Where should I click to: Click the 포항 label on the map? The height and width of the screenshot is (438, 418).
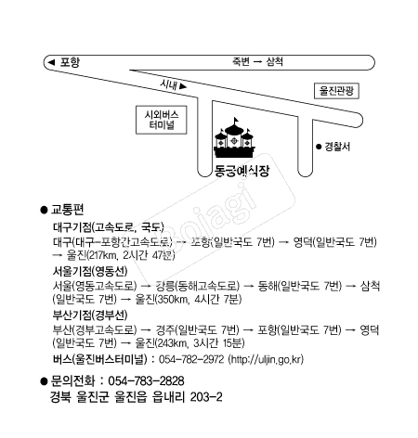coord(70,62)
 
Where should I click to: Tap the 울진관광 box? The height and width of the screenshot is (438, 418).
coord(336,91)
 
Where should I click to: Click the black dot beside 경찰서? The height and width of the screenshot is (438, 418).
coord(319,147)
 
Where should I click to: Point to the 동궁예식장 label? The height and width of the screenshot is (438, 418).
coord(242,171)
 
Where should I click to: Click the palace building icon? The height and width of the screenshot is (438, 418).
coord(234,138)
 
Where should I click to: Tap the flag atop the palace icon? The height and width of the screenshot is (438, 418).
coord(236,120)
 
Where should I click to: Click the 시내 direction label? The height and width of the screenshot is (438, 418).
coord(169,84)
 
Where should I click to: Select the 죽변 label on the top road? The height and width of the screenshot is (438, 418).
coord(241,61)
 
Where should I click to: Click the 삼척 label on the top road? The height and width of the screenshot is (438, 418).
coord(275,61)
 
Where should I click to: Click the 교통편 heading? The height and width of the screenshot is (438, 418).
coord(67,210)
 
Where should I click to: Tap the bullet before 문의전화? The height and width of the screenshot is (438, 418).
coord(44,381)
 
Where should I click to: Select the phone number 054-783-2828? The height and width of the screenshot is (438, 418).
coord(146,381)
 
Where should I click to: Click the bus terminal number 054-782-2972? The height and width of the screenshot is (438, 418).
coord(191,359)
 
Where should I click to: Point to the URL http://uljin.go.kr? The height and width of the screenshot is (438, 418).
coord(266,359)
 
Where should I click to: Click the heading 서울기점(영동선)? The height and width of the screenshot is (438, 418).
coord(90,271)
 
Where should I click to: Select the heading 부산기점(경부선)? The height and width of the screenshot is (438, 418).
coord(90,316)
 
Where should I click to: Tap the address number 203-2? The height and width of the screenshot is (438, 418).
coord(206,397)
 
